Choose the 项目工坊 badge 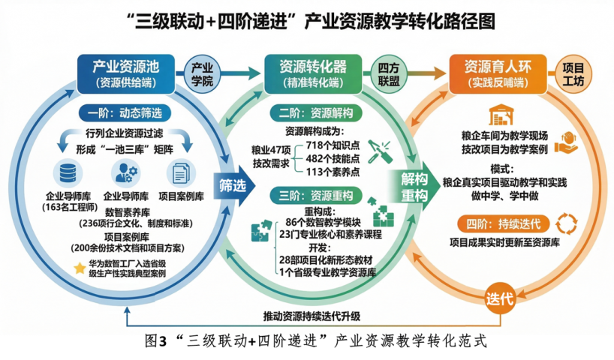[574, 73]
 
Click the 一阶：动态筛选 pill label [125, 114]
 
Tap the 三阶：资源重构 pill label [315, 195]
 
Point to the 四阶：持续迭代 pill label [504, 223]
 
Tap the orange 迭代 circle [500, 298]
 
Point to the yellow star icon [79, 268]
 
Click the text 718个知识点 [332, 144]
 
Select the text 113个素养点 [332, 172]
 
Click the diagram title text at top [307, 20]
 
